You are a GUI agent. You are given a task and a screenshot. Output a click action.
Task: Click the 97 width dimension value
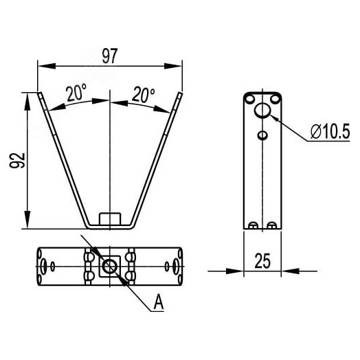[x=110, y=56]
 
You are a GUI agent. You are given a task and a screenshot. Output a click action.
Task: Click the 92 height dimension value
[x=17, y=160]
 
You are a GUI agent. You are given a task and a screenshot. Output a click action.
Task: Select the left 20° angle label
[x=77, y=93]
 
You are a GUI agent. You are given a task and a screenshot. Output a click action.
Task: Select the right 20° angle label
[x=144, y=94]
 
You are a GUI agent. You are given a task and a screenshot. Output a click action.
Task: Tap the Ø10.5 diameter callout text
[x=330, y=131]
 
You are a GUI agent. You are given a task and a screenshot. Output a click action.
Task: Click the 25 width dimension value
[x=262, y=261]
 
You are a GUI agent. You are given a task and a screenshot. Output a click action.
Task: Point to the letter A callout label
[x=159, y=302]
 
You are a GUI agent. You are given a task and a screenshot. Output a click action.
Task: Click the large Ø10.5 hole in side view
[x=262, y=110]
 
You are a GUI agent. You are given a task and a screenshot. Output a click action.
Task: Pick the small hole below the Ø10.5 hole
[x=262, y=135]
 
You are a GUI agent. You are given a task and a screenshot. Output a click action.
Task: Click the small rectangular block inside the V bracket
[x=110, y=218]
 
